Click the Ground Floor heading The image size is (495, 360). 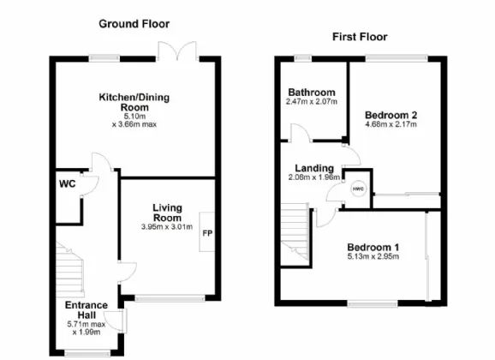point(134,23)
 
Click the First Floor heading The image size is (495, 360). point(360,37)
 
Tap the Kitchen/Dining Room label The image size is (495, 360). point(134,103)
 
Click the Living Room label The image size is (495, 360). point(169,213)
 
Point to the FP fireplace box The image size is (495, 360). point(206,231)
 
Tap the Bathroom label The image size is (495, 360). point(312,93)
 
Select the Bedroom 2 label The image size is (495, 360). point(390,115)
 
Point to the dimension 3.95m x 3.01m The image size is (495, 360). point(169,226)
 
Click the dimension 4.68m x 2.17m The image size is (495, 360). point(391,125)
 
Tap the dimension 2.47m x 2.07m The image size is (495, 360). point(312,102)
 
